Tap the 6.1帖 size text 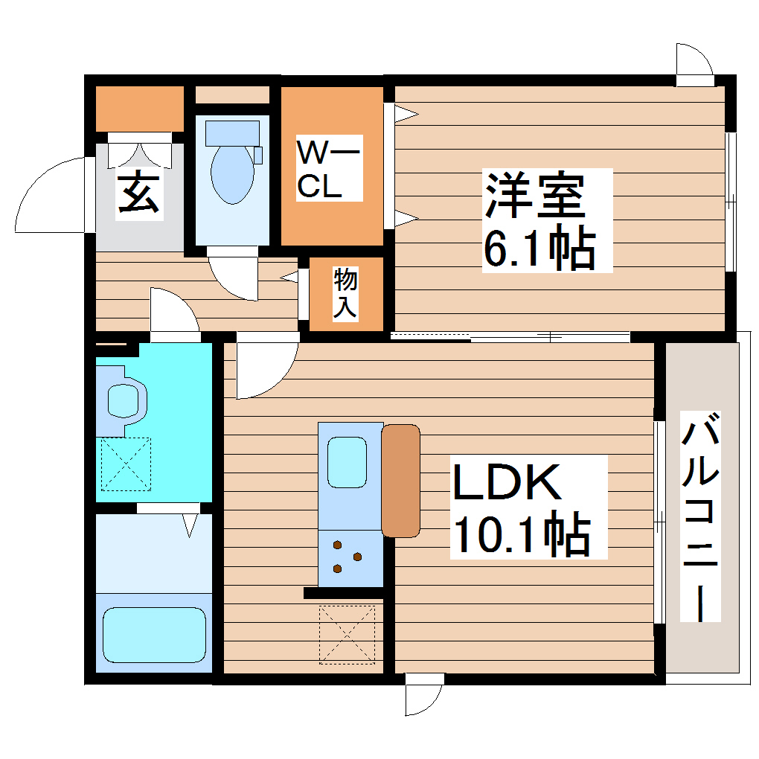[x=539, y=249]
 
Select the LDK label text [x=507, y=484]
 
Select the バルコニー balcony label [x=702, y=521]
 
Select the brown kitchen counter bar [x=401, y=480]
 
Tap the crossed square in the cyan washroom [x=126, y=464]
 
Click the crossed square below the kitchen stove [x=348, y=634]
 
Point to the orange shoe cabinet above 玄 [x=140, y=109]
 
